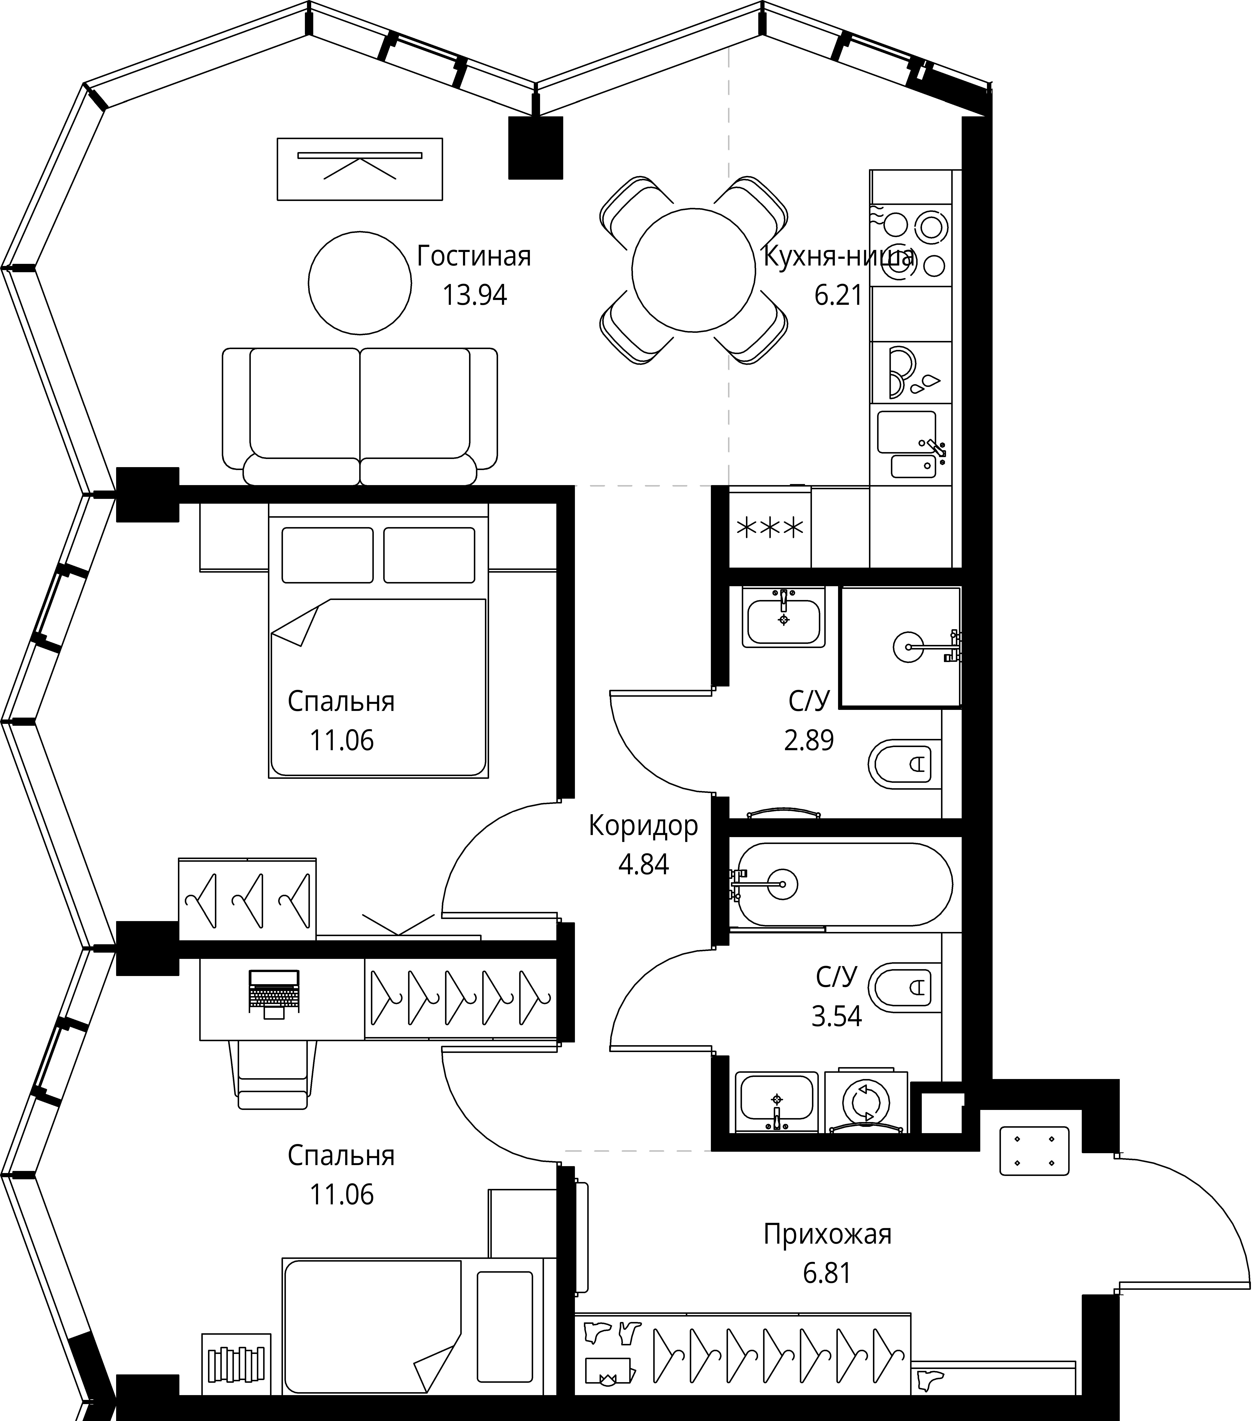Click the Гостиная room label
(474, 257)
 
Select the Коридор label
(643, 826)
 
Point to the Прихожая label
(827, 1234)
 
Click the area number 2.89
(808, 740)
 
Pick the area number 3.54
(836, 1016)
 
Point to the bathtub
(841, 884)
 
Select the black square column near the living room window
(535, 147)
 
